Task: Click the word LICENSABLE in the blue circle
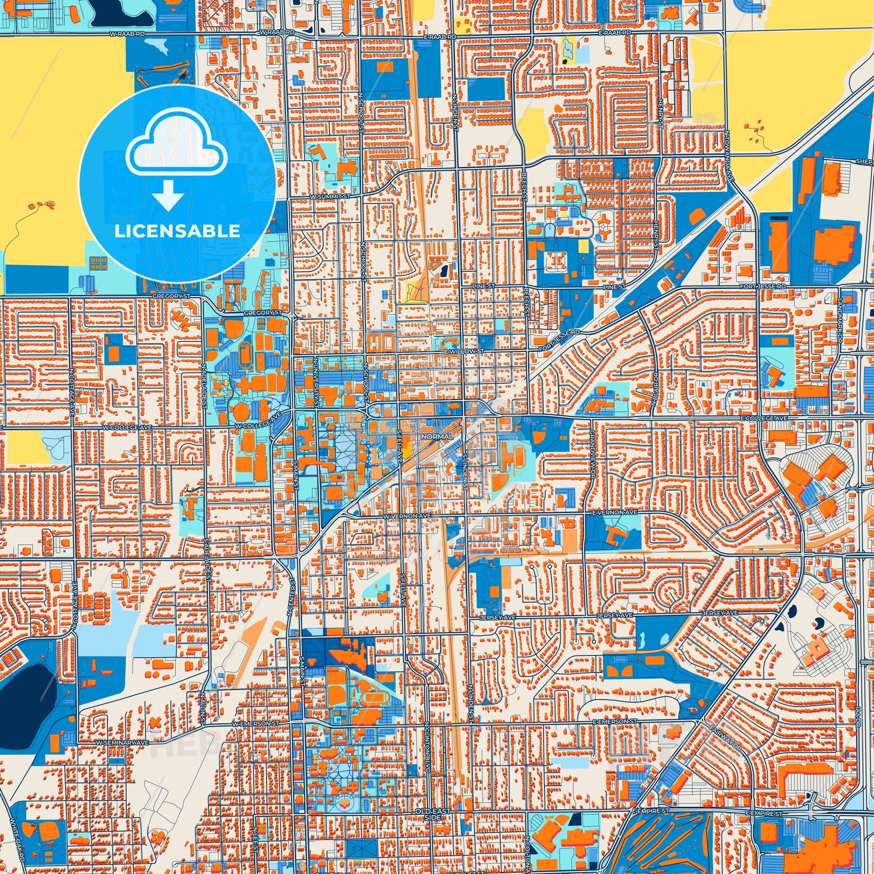[177, 231]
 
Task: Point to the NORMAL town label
[437, 436]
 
